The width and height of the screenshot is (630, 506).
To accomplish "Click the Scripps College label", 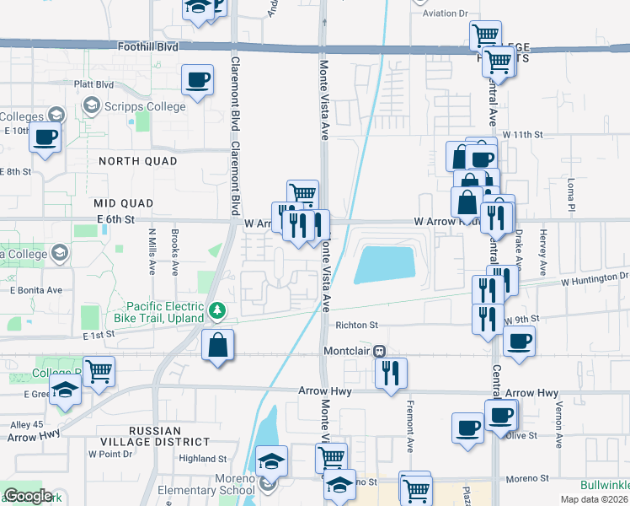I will click(145, 107).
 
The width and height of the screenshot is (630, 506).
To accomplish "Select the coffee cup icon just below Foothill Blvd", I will click(197, 81).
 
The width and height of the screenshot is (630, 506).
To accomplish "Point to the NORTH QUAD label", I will click(137, 161).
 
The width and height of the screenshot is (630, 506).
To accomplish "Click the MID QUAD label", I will click(124, 203).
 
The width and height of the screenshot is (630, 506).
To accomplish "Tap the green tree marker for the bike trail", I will click(218, 312).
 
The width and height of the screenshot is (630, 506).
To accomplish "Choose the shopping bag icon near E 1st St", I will click(218, 346).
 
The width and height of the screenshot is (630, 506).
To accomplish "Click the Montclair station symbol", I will click(380, 350).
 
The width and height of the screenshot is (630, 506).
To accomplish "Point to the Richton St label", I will click(357, 324).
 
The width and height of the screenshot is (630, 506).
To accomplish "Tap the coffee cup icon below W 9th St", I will click(518, 342).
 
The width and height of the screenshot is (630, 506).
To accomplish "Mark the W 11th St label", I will click(523, 135).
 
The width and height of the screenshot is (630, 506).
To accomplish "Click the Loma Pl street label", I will click(570, 199).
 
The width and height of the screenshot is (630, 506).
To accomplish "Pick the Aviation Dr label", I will click(445, 13).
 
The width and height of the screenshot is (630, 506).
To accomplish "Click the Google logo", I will click(28, 496).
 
